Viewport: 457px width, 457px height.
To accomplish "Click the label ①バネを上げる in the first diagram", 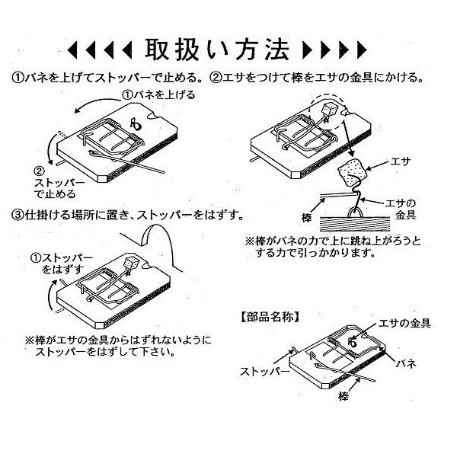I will pos(159,94).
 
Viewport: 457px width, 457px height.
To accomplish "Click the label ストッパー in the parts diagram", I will pos(265,372).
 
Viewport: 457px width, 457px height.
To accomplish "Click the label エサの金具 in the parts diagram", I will pos(404,324).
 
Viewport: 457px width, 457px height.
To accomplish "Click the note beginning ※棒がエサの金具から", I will pos(118,347).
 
